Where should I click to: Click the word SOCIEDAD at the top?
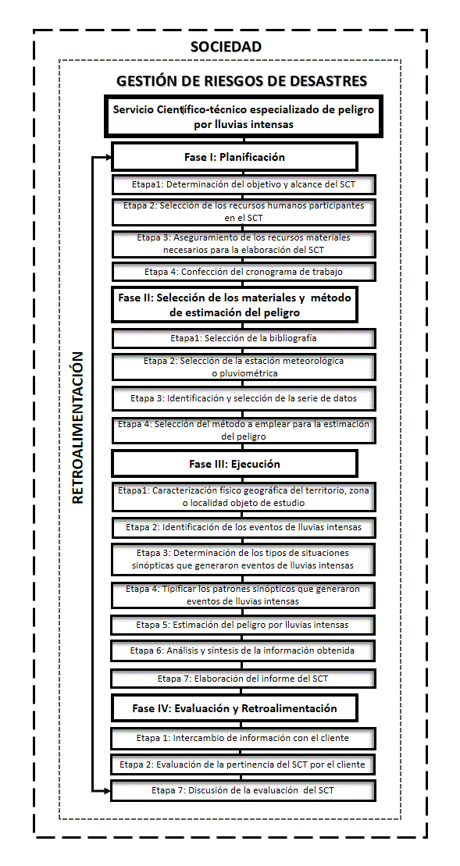click(226, 47)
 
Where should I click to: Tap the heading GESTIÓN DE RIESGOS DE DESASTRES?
click(241, 81)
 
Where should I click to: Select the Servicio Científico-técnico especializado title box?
click(243, 116)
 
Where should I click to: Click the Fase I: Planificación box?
click(234, 157)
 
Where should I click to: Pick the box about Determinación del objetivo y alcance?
click(244, 185)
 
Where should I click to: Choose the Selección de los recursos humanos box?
click(244, 212)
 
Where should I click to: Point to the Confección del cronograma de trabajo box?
click(244, 272)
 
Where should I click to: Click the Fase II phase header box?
click(234, 305)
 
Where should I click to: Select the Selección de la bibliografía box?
click(244, 338)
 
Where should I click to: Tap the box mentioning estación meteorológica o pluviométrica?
click(244, 367)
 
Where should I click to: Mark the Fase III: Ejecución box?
click(234, 464)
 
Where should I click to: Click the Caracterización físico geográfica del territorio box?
click(244, 497)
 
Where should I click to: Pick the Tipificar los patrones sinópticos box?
click(244, 595)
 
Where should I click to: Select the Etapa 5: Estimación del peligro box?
click(244, 625)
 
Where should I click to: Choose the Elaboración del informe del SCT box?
click(244, 679)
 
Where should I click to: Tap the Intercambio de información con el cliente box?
click(244, 738)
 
